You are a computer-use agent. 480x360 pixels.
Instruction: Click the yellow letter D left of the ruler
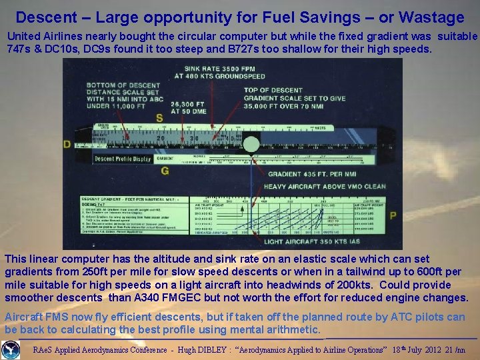click(x=67, y=144)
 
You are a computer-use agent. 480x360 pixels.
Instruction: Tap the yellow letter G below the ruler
click(x=165, y=171)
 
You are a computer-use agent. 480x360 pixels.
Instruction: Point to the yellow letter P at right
click(x=393, y=215)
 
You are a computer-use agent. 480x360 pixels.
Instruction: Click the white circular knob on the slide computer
click(x=251, y=144)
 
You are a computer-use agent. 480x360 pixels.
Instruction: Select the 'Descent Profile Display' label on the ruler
click(x=123, y=159)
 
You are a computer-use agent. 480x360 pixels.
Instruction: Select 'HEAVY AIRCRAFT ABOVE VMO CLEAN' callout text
click(x=325, y=187)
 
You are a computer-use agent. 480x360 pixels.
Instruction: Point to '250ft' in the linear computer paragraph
click(x=67, y=272)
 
